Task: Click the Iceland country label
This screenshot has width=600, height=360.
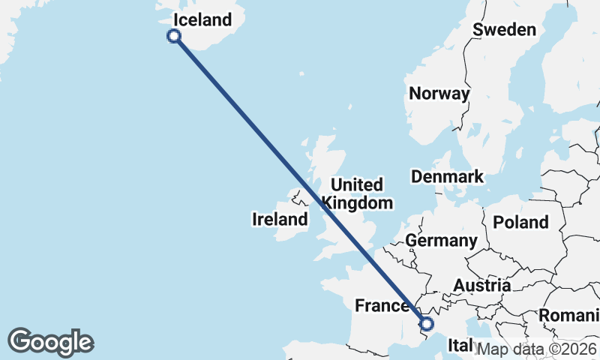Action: click(202, 19)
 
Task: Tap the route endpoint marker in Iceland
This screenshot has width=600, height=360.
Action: click(174, 36)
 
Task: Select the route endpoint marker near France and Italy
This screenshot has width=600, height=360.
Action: click(427, 324)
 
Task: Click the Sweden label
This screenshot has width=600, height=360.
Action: click(505, 30)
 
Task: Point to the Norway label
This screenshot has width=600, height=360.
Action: click(439, 94)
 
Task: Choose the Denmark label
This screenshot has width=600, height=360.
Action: click(447, 177)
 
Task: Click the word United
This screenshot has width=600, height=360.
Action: click(357, 184)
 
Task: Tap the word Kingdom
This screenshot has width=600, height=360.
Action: click(357, 202)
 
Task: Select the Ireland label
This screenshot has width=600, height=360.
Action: click(280, 220)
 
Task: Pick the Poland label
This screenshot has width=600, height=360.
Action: click(520, 222)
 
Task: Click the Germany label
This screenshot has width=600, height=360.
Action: click(441, 241)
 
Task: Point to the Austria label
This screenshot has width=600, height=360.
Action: click(481, 286)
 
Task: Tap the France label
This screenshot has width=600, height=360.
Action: click(382, 306)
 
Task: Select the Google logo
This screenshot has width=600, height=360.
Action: click(50, 342)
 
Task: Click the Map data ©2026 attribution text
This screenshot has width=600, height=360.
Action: click(537, 349)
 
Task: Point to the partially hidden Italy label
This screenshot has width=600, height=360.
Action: click(459, 345)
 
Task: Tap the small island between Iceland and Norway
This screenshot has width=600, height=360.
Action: click(301, 74)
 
